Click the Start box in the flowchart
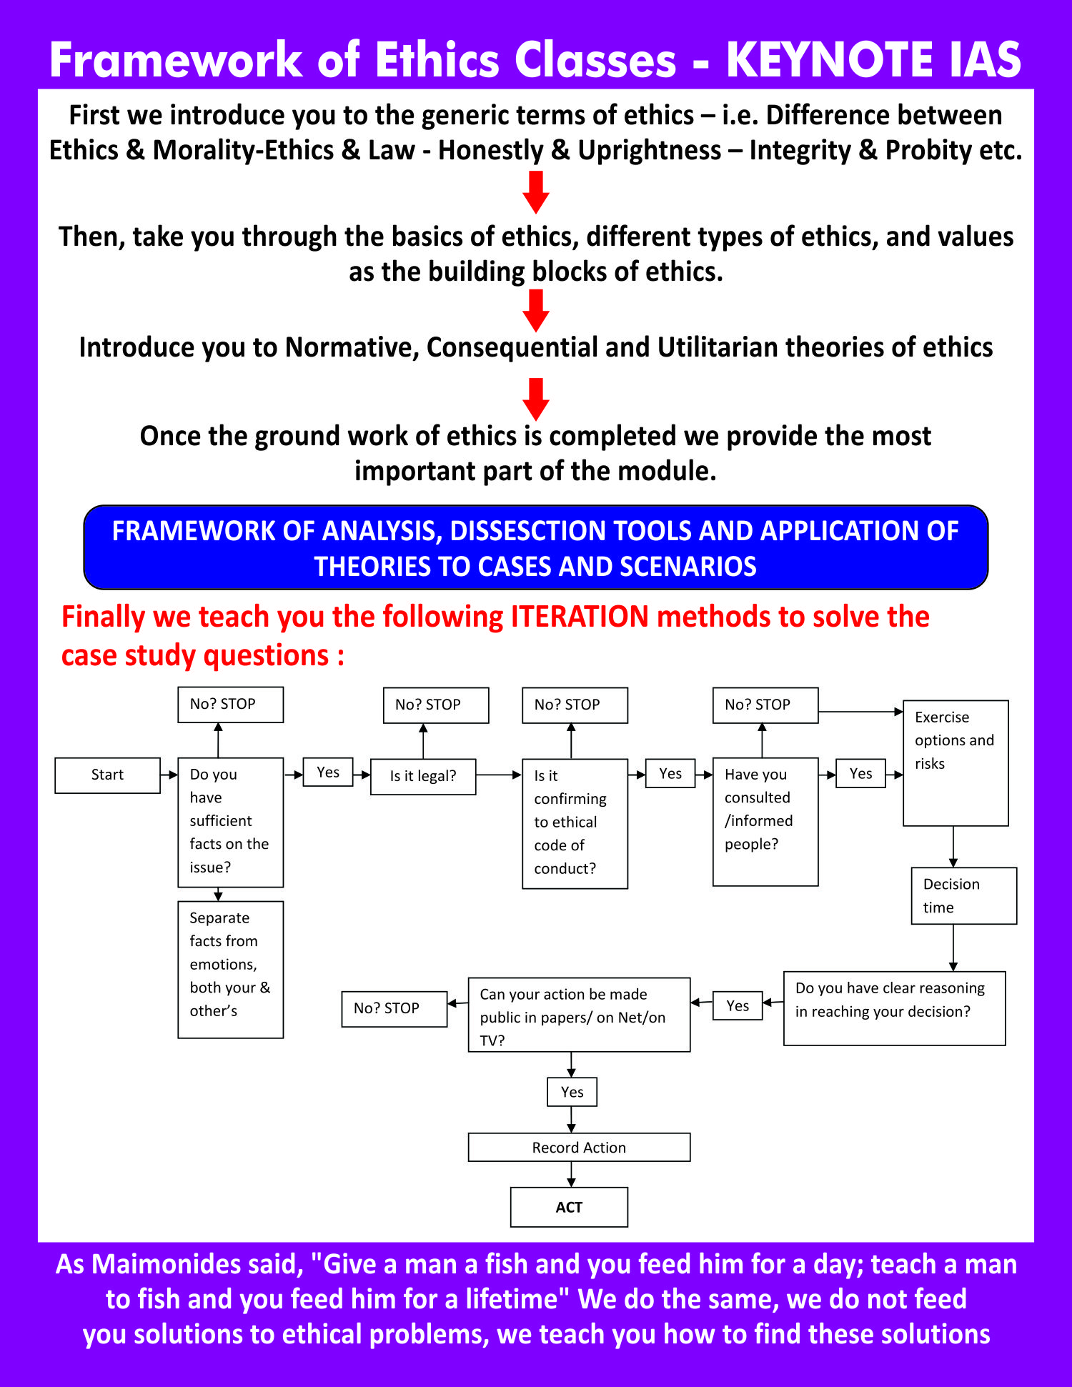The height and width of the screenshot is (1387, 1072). point(107,775)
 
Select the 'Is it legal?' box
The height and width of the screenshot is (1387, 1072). point(423,777)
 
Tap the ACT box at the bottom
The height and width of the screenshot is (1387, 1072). point(569,1207)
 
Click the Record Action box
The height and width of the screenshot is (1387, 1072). point(579,1147)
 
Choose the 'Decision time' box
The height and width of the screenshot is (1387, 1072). point(963,895)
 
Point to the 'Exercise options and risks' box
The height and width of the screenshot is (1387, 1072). point(956,762)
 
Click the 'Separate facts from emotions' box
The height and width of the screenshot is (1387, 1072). point(230,969)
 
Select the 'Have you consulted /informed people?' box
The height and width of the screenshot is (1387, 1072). point(765,821)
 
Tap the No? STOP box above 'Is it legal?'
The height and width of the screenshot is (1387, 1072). point(436,705)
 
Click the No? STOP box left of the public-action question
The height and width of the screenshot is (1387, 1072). point(394,1009)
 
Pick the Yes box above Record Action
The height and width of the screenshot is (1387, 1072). point(572,1092)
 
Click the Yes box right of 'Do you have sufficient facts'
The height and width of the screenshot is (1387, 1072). point(328,772)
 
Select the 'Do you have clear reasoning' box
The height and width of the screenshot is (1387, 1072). point(894,1008)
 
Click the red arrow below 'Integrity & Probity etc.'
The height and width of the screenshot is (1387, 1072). point(536,192)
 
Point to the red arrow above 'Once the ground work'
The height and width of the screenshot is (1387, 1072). point(536,399)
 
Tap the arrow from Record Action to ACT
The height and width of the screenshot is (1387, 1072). point(571,1174)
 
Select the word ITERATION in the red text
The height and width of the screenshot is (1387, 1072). point(579,617)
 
